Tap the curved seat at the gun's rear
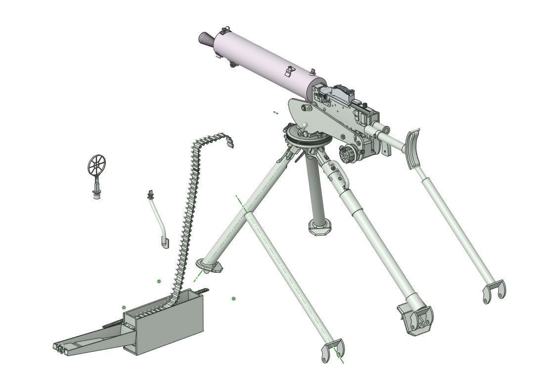click(411, 148)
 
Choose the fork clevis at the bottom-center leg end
click(332, 350)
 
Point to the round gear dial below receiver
click(348, 153)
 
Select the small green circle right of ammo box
click(233, 299)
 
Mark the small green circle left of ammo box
click(124, 308)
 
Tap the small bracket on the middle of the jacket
click(288, 72)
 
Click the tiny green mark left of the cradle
click(275, 113)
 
